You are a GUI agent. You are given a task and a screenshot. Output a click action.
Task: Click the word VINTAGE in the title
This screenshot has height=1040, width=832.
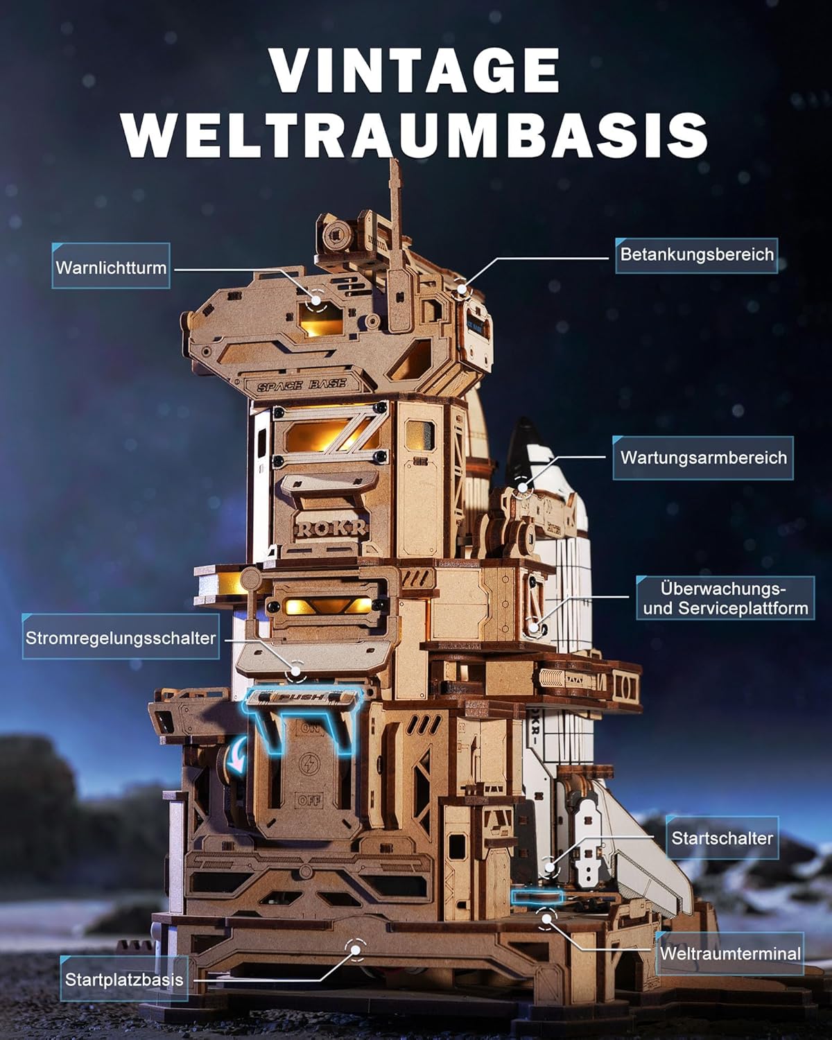[415, 71]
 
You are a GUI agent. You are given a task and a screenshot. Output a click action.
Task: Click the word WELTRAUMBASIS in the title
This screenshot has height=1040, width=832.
[415, 135]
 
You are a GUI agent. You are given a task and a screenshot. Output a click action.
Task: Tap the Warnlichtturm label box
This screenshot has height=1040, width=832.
[111, 266]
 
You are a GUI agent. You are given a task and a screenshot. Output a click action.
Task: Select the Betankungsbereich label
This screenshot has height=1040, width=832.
[697, 254]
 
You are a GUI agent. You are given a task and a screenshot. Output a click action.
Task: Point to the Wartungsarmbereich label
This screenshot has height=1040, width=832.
[703, 457]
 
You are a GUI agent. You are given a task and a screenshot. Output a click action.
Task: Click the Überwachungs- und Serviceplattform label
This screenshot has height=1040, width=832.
[725, 598]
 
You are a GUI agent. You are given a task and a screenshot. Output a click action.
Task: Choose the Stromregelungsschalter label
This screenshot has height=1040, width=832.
[121, 637]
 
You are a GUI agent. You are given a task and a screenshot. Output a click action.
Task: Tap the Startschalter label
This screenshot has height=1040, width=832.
[722, 838]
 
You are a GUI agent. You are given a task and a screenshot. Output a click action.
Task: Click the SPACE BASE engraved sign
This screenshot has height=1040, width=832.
[302, 385]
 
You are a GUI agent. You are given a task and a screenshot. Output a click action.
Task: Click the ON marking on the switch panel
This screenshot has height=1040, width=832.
[309, 728]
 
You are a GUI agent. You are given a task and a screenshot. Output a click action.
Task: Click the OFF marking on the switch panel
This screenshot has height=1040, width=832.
[309, 801]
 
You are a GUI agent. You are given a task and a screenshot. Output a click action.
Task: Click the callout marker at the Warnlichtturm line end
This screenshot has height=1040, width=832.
[315, 300]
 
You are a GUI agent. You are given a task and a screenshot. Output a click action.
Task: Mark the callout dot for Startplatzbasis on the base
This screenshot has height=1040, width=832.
[355, 950]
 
